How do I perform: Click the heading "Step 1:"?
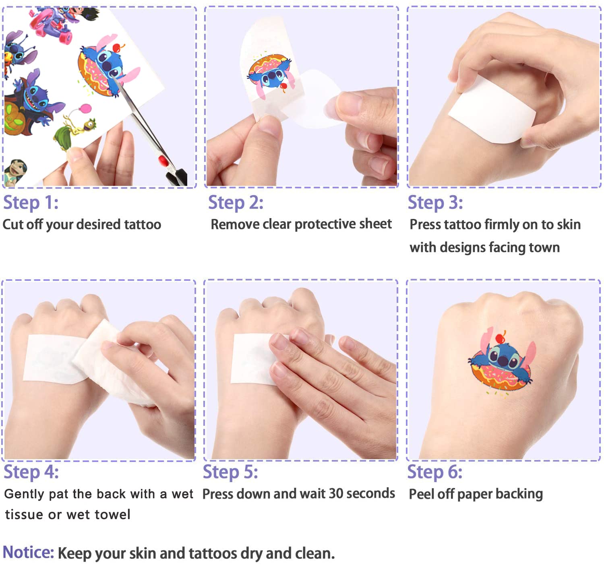(31, 202)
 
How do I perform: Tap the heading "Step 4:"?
(31, 472)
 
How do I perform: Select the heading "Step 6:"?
(434, 472)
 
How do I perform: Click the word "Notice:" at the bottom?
(28, 552)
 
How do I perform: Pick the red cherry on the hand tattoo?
(500, 338)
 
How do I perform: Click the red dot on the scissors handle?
(163, 160)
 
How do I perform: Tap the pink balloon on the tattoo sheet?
(85, 108)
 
